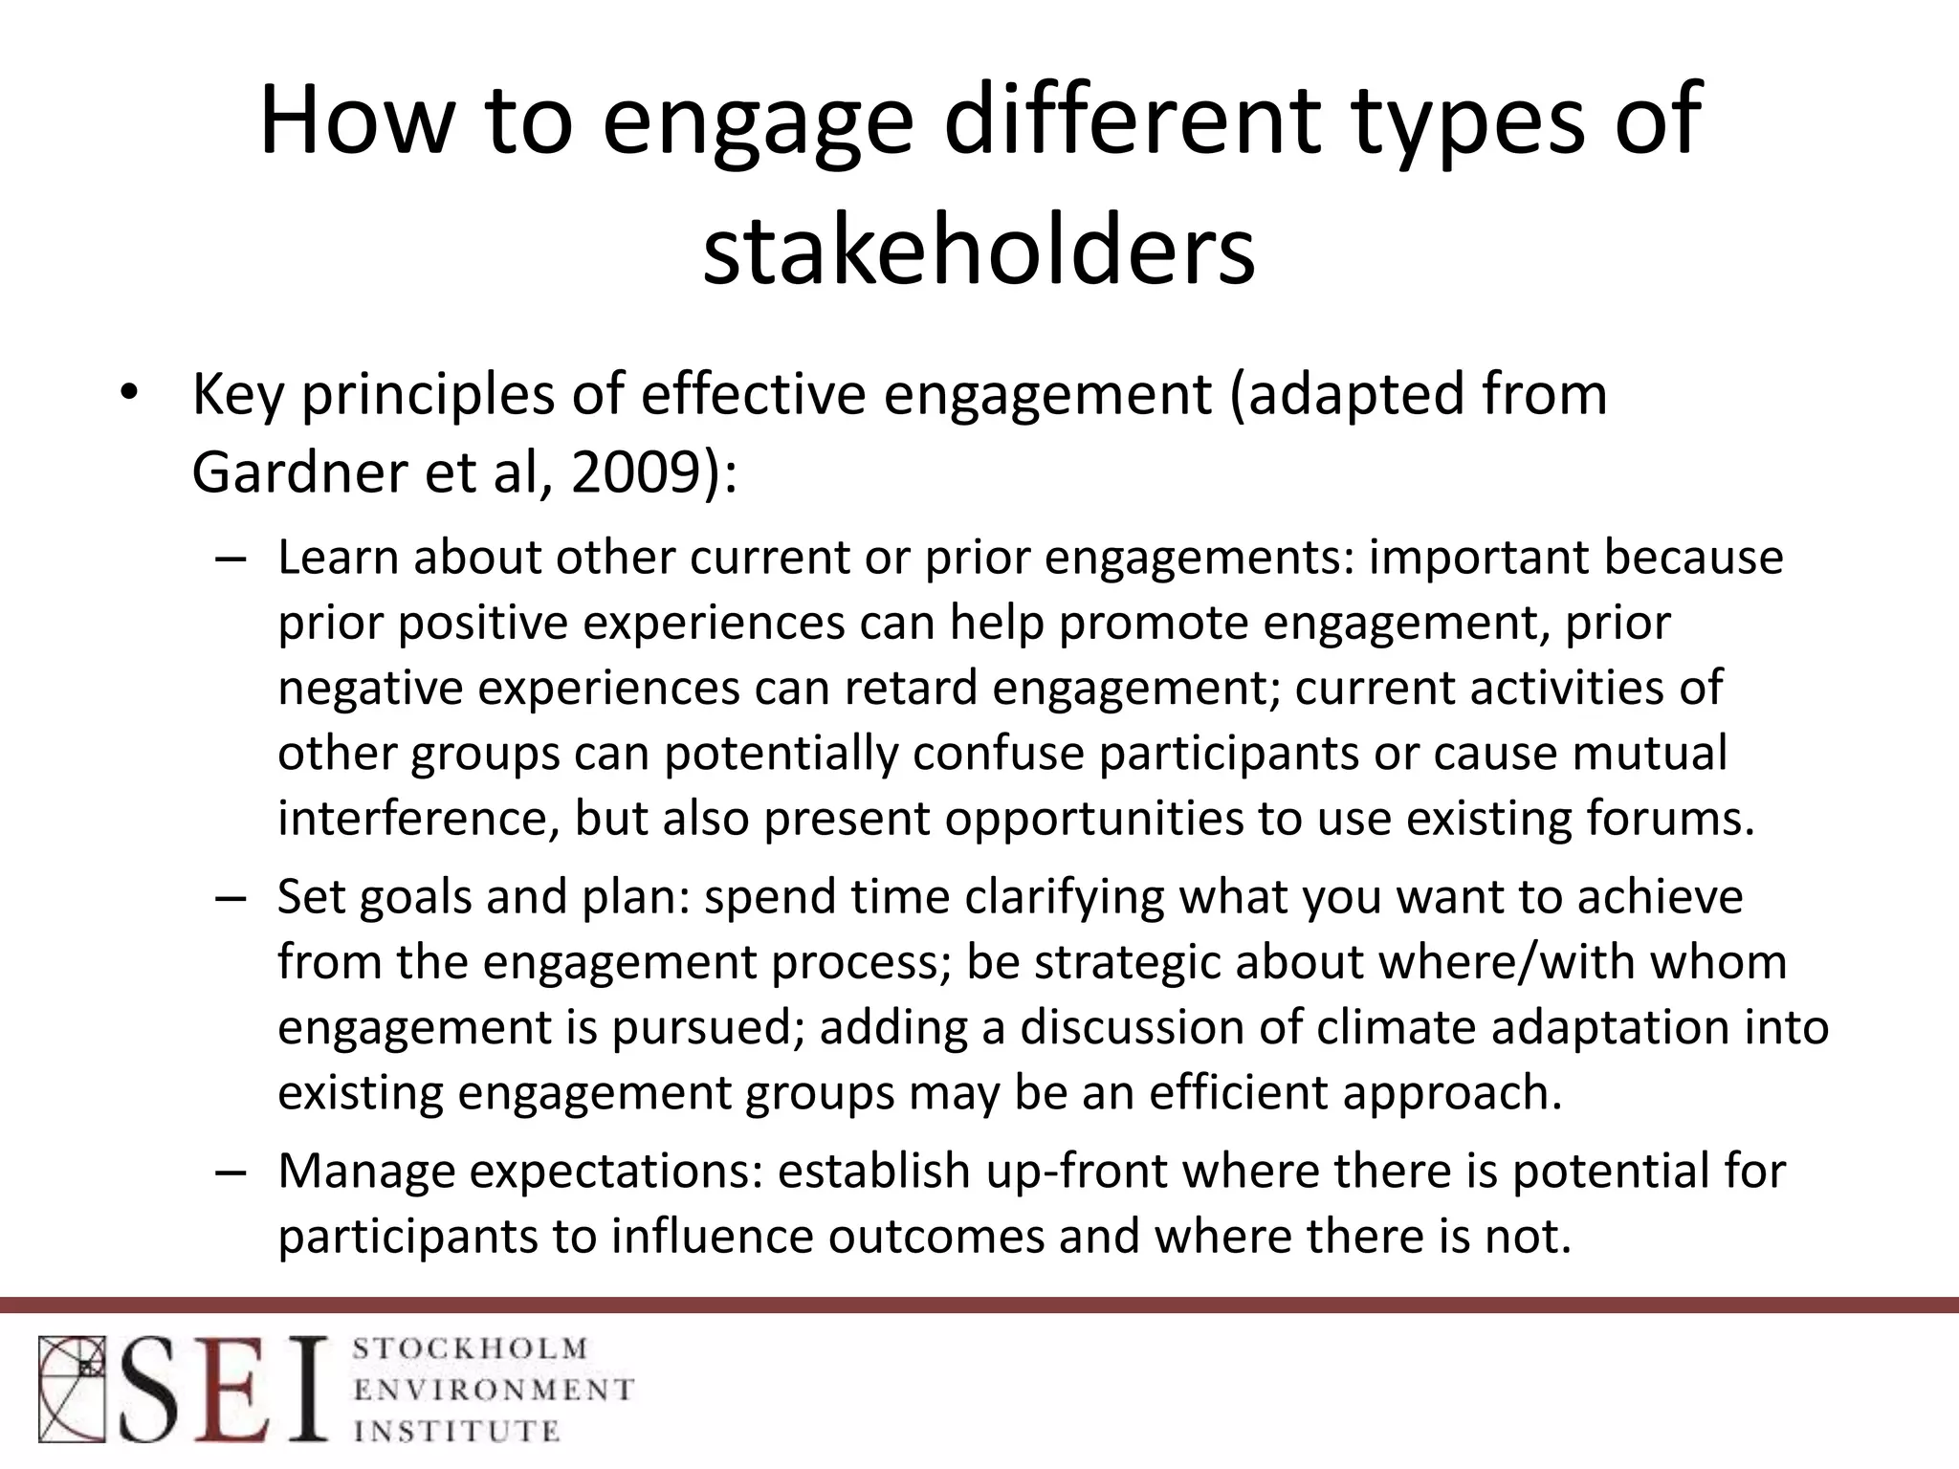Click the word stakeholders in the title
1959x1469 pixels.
[979, 251]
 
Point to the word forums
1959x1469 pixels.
[1669, 819]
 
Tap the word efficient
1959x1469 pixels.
[1238, 1092]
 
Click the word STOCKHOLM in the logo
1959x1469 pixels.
[471, 1349]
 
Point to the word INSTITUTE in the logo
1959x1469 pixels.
[456, 1431]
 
